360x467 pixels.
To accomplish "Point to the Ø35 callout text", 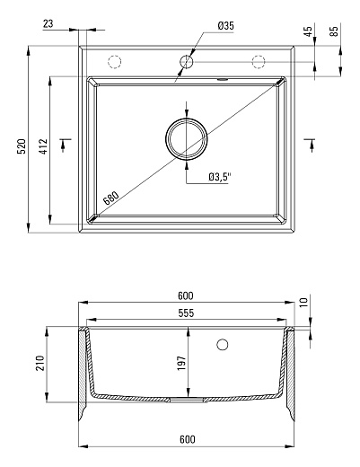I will [225, 27].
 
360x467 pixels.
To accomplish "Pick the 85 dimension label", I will [335, 36].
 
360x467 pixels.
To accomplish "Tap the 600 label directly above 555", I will [187, 296].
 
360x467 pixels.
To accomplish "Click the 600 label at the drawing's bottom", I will [187, 439].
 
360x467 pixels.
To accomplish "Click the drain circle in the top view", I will [186, 138].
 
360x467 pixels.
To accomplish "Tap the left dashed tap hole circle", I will [114, 61].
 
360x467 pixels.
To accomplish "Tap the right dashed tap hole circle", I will [259, 61].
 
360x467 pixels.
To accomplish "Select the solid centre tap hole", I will [186, 61].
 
